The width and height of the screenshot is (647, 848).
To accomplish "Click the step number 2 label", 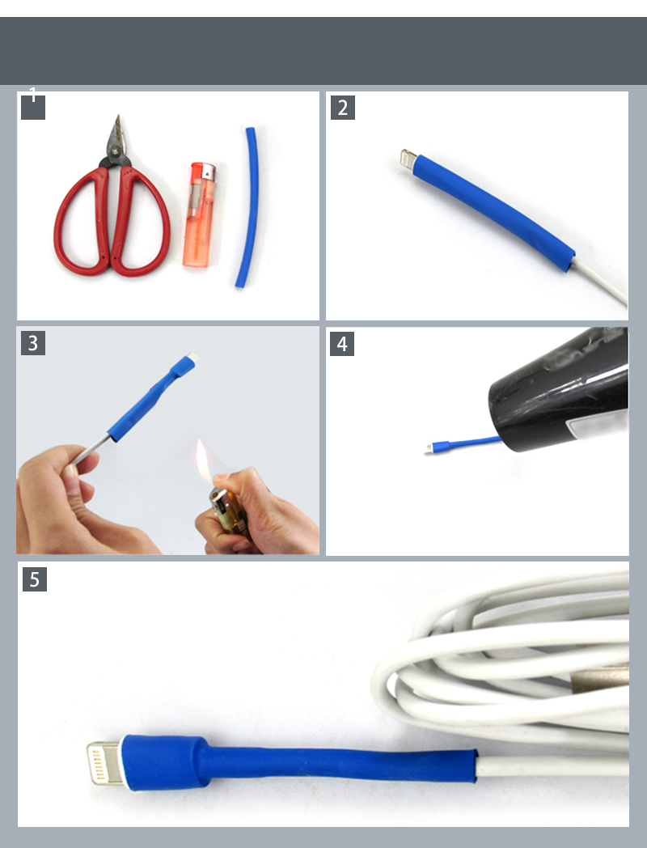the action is point(343,108).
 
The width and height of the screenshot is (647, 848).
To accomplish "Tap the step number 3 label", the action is point(33,343).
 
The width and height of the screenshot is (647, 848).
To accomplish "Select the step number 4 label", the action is point(342,344).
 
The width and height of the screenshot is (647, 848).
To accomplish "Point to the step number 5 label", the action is point(35,579).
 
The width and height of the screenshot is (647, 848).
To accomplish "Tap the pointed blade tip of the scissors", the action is point(118,116).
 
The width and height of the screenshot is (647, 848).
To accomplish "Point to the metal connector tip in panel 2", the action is point(408,159).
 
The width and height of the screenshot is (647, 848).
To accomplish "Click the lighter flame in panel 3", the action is point(203,461).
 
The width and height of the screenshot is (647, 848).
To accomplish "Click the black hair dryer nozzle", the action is point(558,389).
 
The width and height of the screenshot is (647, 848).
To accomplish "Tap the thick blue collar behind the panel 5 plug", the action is point(166,762).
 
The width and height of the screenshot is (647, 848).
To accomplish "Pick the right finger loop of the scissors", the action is point(141,222).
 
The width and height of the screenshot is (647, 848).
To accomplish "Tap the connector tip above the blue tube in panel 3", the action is point(192,357).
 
